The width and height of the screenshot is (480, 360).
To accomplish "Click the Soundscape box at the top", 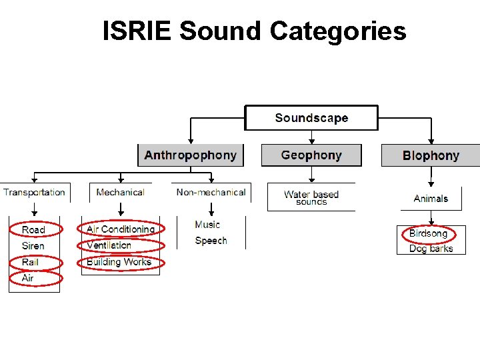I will (311, 118).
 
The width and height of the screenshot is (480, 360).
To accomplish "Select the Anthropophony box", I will (191, 155).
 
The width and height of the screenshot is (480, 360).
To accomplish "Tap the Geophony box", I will (311, 155).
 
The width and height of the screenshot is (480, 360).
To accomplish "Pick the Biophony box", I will (431, 156).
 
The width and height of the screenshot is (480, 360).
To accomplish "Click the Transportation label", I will (35, 192).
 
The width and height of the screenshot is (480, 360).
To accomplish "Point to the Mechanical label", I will (120, 192).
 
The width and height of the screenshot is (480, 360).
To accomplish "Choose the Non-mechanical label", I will (211, 192).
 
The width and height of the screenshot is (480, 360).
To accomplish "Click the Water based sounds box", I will (311, 197).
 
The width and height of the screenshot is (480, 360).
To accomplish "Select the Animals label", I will (431, 198).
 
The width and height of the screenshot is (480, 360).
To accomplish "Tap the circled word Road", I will (34, 229).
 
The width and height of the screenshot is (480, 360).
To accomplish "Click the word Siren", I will (33, 246).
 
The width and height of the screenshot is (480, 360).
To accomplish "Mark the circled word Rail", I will (31, 262).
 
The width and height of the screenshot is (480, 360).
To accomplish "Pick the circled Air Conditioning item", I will (121, 229).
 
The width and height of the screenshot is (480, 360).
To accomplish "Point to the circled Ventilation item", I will (109, 245).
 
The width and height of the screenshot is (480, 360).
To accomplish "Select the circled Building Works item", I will (119, 262).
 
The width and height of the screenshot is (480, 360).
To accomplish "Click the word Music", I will (207, 225).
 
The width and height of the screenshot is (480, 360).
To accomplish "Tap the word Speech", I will (211, 241).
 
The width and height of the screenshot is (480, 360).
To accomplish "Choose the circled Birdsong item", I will (428, 233).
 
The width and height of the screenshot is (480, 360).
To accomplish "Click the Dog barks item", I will (431, 249).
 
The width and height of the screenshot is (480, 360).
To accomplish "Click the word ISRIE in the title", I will (137, 31).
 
